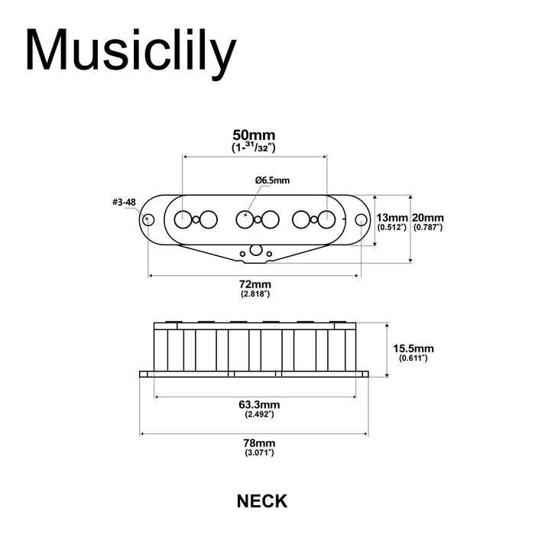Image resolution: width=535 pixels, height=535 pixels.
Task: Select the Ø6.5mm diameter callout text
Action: [273, 180]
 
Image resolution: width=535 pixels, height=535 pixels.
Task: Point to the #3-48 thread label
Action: [124, 203]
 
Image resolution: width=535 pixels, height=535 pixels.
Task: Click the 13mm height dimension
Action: [393, 217]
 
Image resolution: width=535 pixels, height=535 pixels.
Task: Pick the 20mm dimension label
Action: [427, 217]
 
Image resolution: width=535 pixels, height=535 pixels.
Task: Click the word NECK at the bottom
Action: [262, 501]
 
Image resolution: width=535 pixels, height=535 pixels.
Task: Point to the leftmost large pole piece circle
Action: [183, 219]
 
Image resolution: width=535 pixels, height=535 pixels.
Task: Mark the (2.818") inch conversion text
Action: [255, 294]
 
